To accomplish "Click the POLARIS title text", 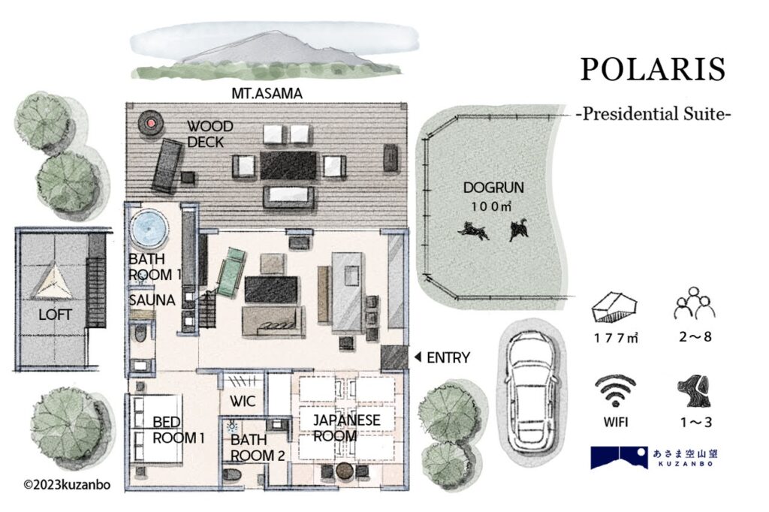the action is [653, 69].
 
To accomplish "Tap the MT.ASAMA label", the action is [267, 94].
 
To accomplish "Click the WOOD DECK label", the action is [210, 134].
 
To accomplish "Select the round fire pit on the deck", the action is [150, 122].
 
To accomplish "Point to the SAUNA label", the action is [152, 300].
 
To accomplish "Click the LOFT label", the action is [55, 315].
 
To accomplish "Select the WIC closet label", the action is [243, 401].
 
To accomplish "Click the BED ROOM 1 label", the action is [178, 429].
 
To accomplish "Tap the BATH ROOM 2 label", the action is [258, 447].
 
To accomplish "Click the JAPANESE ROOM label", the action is [346, 428].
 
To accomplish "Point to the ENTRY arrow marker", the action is [418, 357].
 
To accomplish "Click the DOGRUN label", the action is [493, 188].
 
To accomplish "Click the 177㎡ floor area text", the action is [616, 338].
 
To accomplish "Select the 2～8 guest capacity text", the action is [695, 337].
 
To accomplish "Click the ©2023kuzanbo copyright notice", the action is [67, 485].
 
